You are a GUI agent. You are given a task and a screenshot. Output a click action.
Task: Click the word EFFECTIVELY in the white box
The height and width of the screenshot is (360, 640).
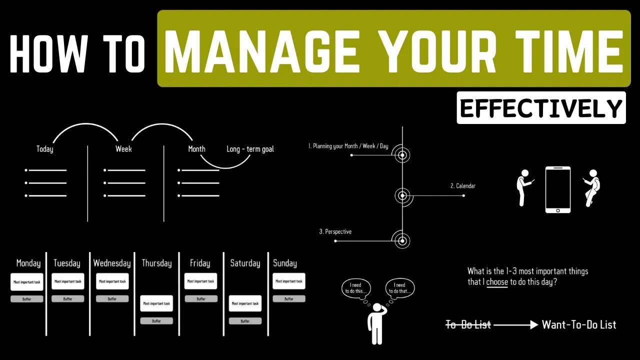541,108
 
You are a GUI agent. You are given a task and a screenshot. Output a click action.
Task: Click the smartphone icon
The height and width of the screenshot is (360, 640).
557,189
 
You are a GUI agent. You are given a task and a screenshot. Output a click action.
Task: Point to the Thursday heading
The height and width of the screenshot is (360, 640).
156,263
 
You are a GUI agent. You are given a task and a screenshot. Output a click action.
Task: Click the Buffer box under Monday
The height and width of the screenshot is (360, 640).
27,299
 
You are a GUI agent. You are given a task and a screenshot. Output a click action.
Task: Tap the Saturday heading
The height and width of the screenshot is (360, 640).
245,263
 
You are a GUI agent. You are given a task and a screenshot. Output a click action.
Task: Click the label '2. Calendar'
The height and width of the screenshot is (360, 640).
463,186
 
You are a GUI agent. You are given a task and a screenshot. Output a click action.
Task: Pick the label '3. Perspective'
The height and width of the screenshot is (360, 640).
335,231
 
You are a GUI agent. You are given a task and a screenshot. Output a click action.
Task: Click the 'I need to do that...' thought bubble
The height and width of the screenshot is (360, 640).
400,288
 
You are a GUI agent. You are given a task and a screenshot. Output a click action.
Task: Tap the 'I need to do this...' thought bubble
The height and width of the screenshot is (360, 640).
357,288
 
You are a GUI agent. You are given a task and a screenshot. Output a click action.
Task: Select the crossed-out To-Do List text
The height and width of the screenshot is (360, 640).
468,325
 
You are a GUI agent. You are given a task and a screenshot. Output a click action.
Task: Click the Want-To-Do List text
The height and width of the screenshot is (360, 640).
579,325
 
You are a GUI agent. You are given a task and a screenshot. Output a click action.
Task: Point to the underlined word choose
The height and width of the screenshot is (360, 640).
497,282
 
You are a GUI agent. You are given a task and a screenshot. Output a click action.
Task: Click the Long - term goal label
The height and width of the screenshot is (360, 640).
250,149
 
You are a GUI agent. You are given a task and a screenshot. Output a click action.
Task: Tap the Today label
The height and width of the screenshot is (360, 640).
44,149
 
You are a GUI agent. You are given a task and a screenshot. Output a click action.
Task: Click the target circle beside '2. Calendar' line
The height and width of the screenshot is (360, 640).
402,195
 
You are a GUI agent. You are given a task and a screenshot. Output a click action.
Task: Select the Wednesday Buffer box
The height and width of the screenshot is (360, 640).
112,299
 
